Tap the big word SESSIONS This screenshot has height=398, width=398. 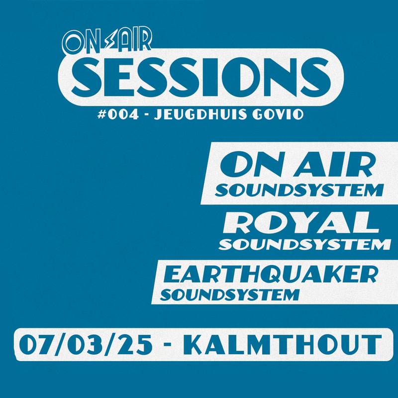[x=201, y=77]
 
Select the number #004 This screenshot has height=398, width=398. [x=118, y=115]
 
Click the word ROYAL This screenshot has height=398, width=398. [x=301, y=223]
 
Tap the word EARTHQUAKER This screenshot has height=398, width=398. [x=270, y=276]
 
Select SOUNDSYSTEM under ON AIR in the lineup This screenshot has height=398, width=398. [x=299, y=190]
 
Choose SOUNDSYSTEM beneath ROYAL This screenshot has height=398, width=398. [x=304, y=244]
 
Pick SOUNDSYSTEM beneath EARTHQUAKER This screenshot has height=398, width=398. [x=229, y=295]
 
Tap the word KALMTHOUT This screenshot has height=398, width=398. [x=282, y=344]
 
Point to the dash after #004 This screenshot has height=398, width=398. [x=146, y=116]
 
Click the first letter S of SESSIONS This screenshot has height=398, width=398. [x=86, y=77]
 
